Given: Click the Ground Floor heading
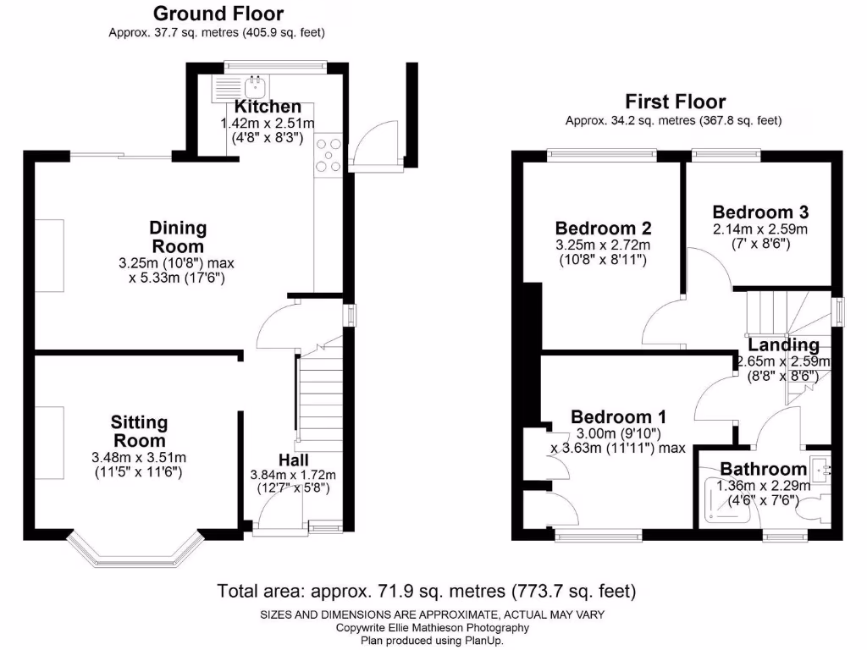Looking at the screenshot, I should (x=218, y=14).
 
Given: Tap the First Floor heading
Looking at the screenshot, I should (x=675, y=102).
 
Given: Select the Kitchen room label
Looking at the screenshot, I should (x=268, y=107).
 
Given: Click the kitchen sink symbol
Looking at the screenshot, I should (x=254, y=85).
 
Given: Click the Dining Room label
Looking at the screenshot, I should (x=178, y=236).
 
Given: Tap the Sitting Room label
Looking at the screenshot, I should (x=140, y=431).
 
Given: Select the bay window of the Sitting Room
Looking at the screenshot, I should (x=136, y=550).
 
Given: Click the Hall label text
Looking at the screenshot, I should (x=292, y=459).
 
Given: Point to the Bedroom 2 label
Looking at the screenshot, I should (x=603, y=228).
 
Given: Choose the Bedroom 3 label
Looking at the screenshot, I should (x=760, y=212).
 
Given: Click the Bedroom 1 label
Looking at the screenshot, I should (x=618, y=416).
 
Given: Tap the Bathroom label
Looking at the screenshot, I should (x=763, y=469).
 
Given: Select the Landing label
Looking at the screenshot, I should (x=783, y=344).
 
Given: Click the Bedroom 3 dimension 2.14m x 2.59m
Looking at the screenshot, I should (x=760, y=229).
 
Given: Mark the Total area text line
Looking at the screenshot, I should (x=427, y=590).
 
